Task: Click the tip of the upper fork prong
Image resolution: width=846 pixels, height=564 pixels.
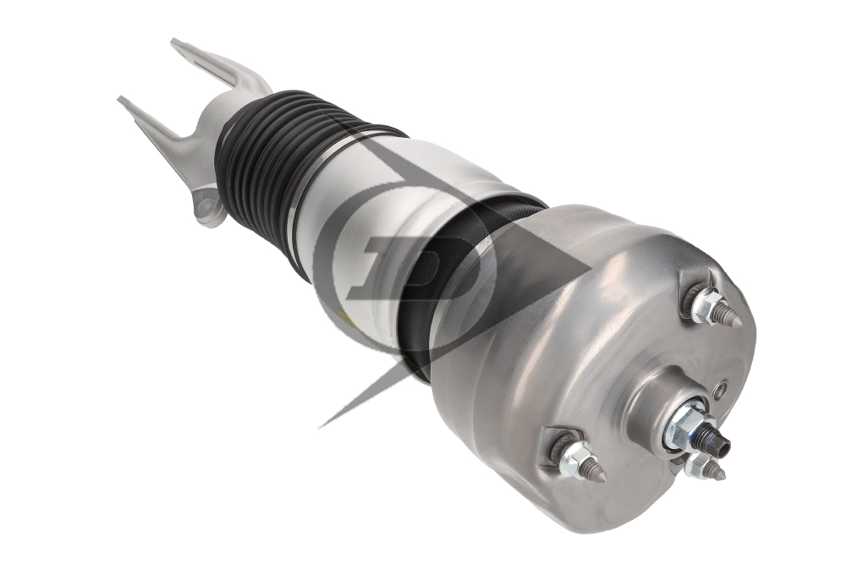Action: (176, 42)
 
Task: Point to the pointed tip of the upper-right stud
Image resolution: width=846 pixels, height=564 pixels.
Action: (738, 323)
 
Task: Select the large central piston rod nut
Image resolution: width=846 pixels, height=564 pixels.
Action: (687, 423)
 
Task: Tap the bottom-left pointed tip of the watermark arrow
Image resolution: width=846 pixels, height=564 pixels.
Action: (322, 424)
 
